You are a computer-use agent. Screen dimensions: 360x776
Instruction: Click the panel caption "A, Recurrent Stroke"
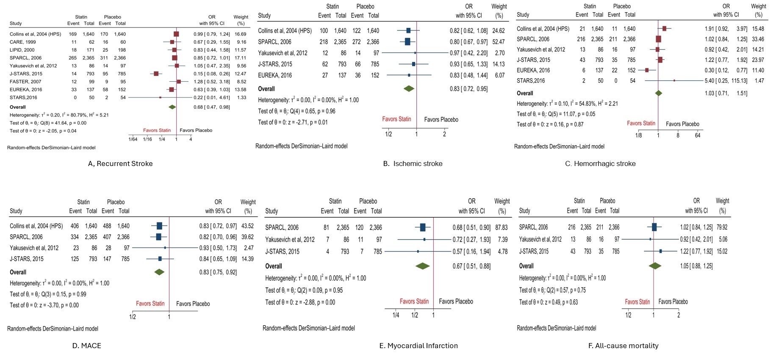tap(120, 163)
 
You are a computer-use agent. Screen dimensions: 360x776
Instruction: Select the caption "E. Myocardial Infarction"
tap(418, 346)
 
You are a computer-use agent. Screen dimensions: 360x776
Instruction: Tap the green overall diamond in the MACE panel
tap(159, 272)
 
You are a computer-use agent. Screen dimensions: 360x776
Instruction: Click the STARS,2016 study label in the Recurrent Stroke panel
tap(23, 97)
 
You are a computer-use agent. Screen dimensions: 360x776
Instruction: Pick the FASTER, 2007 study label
tap(25, 82)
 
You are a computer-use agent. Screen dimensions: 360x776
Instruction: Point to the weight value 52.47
tap(498, 42)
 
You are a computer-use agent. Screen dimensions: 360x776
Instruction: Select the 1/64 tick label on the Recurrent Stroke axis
tap(133, 139)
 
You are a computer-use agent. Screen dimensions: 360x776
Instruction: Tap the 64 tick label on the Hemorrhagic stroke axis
tap(698, 136)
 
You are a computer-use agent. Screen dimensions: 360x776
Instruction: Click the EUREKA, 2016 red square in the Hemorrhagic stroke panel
tap(647, 70)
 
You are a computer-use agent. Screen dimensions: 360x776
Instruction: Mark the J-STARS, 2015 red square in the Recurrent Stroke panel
tap(156, 74)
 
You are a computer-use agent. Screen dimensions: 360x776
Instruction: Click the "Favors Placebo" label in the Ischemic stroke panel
tap(441, 120)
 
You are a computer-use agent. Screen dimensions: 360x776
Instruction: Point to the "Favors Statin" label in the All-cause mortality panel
tap(637, 302)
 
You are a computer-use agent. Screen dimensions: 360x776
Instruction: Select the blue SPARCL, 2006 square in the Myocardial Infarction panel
tap(422, 227)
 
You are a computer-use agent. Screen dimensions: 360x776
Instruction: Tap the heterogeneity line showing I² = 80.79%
tap(59, 115)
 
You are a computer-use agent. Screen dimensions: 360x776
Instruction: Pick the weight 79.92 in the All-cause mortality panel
tap(722, 227)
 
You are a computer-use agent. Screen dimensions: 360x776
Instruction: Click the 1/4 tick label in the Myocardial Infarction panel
tap(396, 315)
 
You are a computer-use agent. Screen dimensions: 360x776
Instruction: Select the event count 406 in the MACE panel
tap(75, 226)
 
